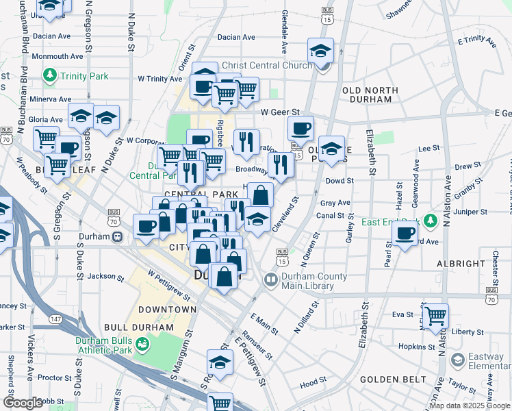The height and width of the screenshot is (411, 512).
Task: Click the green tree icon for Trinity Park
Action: pyautogui.click(x=49, y=75)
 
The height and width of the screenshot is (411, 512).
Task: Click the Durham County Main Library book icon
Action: pyautogui.click(x=270, y=279)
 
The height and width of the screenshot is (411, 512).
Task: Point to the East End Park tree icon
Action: pyautogui.click(x=430, y=221)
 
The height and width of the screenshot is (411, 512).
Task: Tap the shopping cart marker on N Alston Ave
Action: pyautogui.click(x=435, y=316)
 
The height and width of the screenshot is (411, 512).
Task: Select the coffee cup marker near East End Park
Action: pyautogui.click(x=405, y=234)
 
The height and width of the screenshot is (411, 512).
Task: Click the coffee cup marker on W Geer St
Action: pyautogui.click(x=300, y=128)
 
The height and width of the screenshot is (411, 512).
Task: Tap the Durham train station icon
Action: pyautogui.click(x=118, y=237)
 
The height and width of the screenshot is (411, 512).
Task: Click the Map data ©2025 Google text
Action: pyautogui.click(x=469, y=406)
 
